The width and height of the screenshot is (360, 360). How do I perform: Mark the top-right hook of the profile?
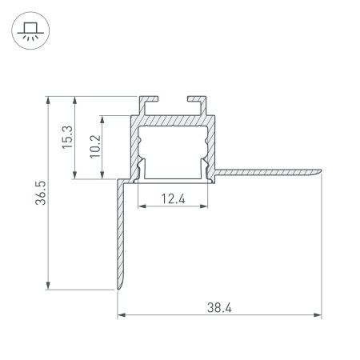(x=195, y=102)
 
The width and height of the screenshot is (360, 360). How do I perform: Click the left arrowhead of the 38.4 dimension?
(x=122, y=315)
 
